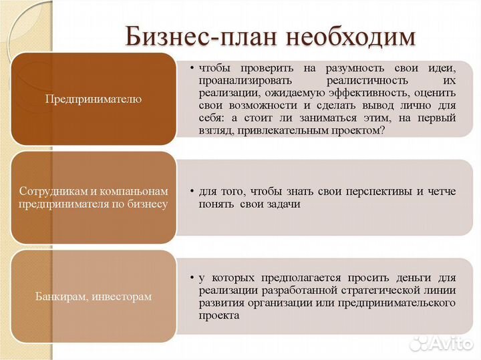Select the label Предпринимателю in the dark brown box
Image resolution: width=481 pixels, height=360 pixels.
pyautogui.click(x=94, y=99)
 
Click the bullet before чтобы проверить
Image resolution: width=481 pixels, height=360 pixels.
pyautogui.click(x=192, y=68)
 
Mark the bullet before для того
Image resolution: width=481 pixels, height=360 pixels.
pyautogui.click(x=192, y=192)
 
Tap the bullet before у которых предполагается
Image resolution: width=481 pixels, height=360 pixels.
pyautogui.click(x=192, y=277)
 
